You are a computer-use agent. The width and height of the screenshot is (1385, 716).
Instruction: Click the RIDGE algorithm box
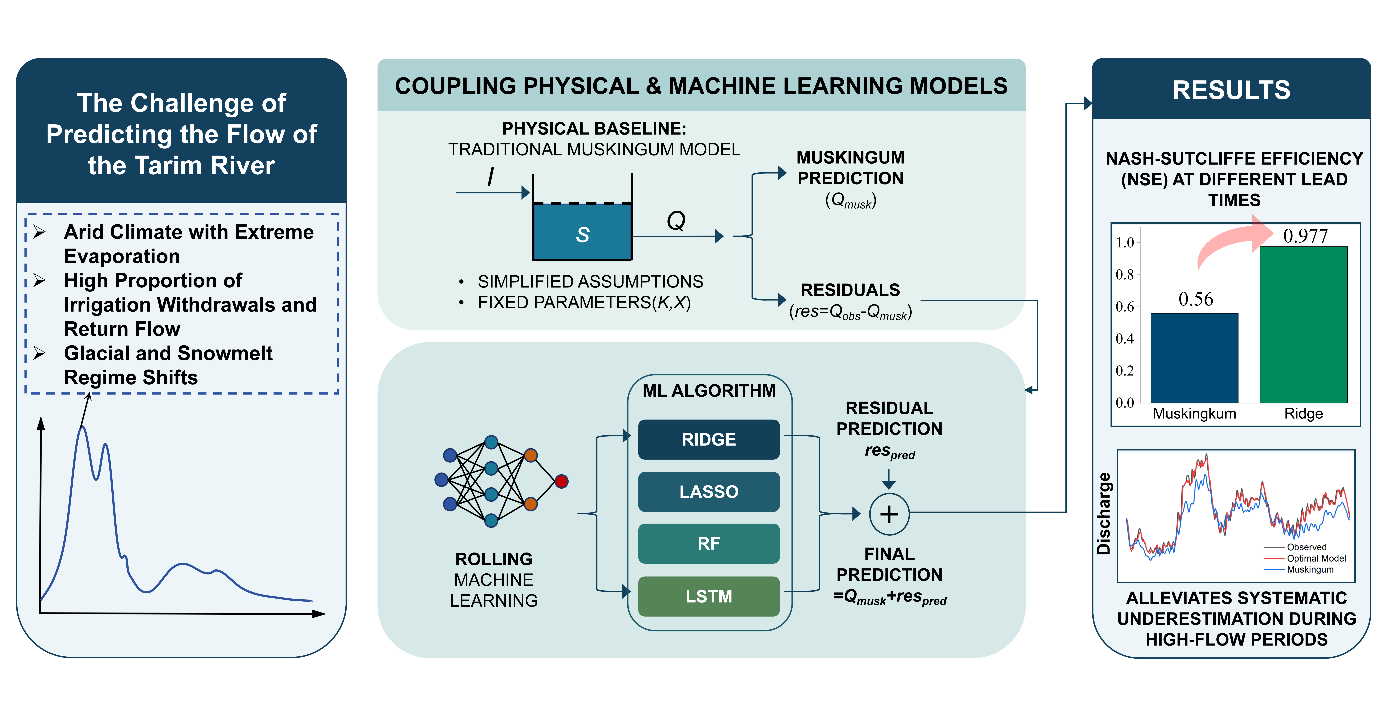coord(709,439)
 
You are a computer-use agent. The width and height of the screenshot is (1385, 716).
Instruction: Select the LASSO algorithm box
coord(709,492)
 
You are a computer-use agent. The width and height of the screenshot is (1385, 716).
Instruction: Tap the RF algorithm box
coord(709,543)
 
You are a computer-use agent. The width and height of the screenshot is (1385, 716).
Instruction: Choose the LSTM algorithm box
coord(709,596)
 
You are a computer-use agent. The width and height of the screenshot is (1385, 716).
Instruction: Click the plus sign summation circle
coord(889,514)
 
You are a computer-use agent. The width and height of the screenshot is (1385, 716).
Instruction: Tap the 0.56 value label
coord(1196,299)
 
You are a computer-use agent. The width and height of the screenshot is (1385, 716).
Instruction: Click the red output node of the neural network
coord(561,481)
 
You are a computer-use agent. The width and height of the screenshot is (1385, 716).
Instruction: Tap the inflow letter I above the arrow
coord(490,177)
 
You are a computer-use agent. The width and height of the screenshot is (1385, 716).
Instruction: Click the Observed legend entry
coord(1306,547)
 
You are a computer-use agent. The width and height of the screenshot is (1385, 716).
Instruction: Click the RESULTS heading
coord(1231,90)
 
